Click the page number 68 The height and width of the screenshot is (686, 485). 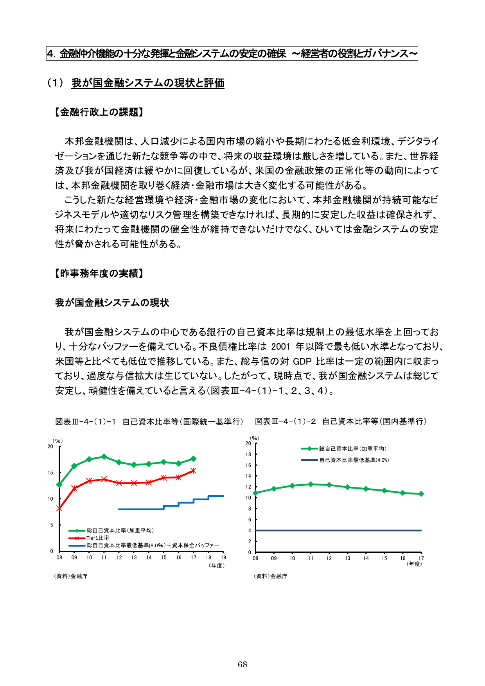(242, 665)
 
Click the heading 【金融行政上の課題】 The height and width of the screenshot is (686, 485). (99, 112)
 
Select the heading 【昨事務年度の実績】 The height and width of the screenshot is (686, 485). (99, 273)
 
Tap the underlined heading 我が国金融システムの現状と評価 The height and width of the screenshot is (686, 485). (148, 83)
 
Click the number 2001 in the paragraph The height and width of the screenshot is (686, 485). (280, 347)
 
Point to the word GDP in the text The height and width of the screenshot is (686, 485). (302, 361)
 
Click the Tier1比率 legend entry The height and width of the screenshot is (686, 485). (98, 538)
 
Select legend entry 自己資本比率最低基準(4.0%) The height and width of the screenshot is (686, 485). (354, 460)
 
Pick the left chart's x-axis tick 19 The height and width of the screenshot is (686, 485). (223, 557)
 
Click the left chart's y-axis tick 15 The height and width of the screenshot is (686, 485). (50, 473)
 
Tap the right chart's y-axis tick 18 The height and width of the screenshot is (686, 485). (248, 454)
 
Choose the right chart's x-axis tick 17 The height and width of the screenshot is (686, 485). (421, 558)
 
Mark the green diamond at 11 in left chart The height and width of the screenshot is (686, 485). (104, 457)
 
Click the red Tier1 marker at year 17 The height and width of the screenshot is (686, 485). (193, 471)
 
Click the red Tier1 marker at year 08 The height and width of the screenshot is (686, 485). (59, 509)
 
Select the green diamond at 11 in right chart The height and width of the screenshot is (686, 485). (311, 484)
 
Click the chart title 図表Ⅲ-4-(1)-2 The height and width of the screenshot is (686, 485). (285, 421)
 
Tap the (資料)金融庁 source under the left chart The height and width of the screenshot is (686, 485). (70, 576)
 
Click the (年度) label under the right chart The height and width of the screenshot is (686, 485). (414, 564)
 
